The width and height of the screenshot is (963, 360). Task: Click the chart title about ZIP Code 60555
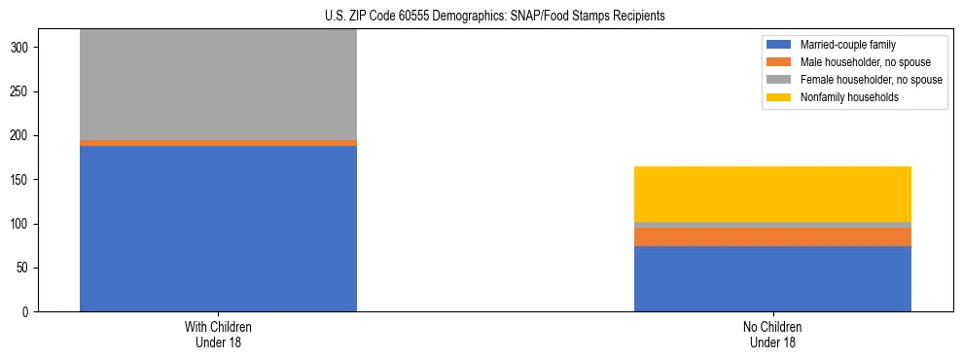[x=495, y=17]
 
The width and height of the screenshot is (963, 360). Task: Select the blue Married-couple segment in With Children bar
[x=218, y=229]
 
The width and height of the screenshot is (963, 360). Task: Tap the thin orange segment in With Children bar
[x=218, y=143]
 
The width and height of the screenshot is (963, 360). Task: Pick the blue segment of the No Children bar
[x=772, y=279]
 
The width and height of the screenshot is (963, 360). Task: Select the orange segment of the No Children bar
[x=772, y=236]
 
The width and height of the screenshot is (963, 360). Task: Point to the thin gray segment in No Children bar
[x=772, y=225]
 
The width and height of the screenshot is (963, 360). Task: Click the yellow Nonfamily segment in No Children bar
[x=772, y=194]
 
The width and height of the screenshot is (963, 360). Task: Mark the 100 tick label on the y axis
[x=22, y=225]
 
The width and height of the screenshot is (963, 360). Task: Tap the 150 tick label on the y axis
[x=22, y=180]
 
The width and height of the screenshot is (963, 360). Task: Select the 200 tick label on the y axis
[x=22, y=136]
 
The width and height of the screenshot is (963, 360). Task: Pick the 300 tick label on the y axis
[x=22, y=48]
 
